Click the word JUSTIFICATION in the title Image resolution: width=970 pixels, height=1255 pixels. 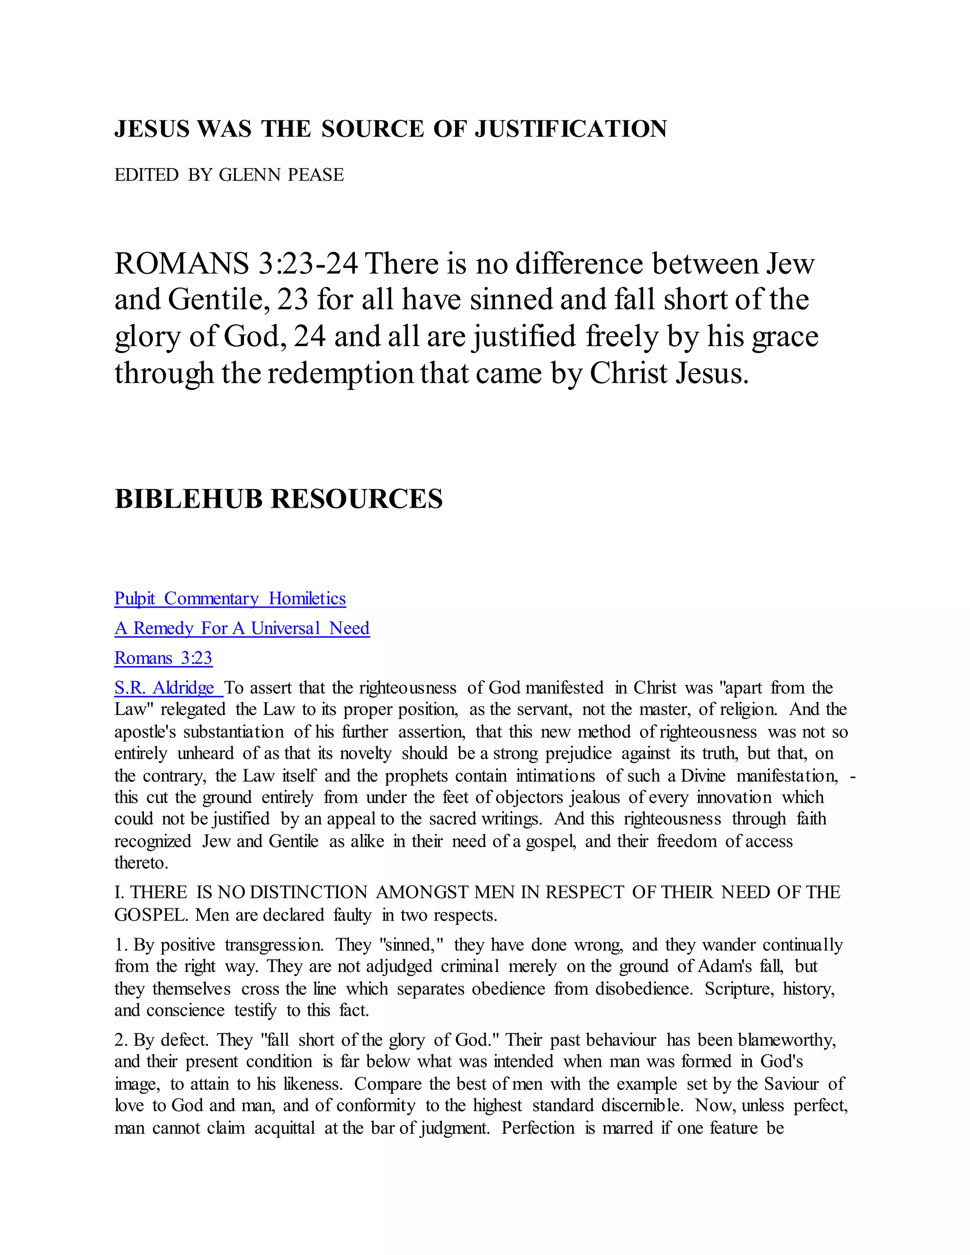coord(571,129)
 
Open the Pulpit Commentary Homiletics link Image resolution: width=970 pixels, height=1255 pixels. coord(230,599)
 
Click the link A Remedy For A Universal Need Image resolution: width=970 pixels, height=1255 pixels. coord(242,628)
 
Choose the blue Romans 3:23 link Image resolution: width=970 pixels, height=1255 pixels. coord(163,658)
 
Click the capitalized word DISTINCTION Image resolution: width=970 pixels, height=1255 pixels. coord(309,892)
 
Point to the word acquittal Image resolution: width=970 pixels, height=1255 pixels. coord(285,1129)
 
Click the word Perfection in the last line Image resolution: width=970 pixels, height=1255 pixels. coord(538,1129)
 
